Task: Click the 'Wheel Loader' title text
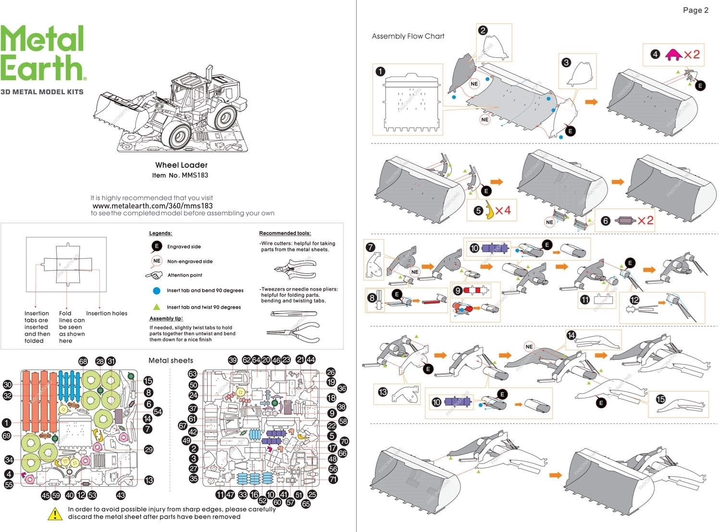pyautogui.click(x=181, y=165)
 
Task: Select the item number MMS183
pyautogui.click(x=195, y=175)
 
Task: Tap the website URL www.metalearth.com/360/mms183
pyautogui.click(x=152, y=205)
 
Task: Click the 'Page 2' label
pyautogui.click(x=695, y=10)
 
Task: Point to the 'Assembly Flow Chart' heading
pyautogui.click(x=408, y=36)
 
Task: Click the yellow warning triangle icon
pyautogui.click(x=55, y=514)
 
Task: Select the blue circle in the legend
pyautogui.click(x=156, y=291)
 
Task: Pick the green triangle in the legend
pyautogui.click(x=156, y=307)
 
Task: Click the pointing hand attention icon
pyautogui.click(x=154, y=275)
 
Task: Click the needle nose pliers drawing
pyautogui.click(x=293, y=332)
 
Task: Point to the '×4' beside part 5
pyautogui.click(x=503, y=210)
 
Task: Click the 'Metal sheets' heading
pyautogui.click(x=171, y=360)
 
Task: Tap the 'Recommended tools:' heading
pyautogui.click(x=285, y=233)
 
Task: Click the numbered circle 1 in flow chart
pyautogui.click(x=380, y=72)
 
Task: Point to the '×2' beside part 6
pyautogui.click(x=645, y=220)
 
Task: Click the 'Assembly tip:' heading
pyautogui.click(x=166, y=318)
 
